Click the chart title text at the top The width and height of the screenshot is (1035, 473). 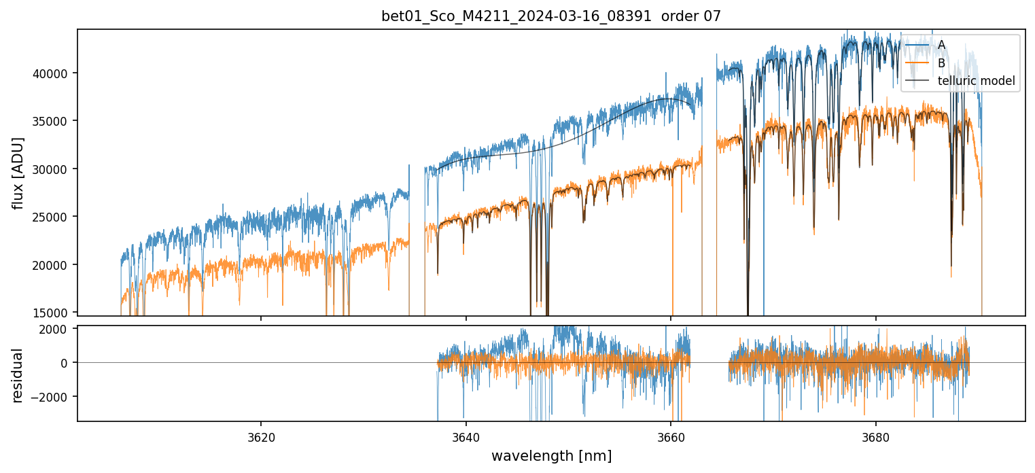click(x=551, y=16)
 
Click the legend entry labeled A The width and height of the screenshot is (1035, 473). click(x=941, y=45)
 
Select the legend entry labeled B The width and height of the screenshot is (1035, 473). click(x=941, y=63)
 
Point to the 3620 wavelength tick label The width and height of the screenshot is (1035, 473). click(x=261, y=436)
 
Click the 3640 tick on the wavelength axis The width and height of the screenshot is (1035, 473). click(x=466, y=436)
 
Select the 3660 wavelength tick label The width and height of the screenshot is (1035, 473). click(x=671, y=436)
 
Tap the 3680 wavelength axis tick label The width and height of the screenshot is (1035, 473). click(x=875, y=436)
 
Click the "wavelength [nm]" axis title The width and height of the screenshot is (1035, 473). click(x=551, y=456)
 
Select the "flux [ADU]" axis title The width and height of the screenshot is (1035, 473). click(x=18, y=173)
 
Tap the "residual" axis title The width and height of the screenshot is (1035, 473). click(x=18, y=375)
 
